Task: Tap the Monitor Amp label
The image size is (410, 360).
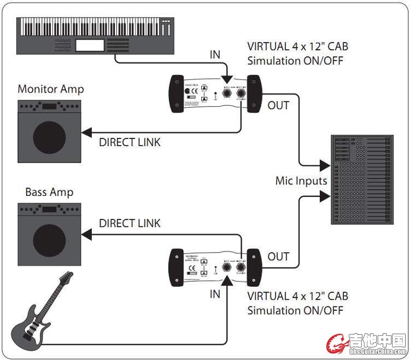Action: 51,89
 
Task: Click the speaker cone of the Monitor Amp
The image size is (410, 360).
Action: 50,135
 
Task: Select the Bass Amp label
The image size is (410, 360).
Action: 49,192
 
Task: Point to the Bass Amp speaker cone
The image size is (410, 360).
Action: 50,239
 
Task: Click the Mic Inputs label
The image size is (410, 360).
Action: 301,180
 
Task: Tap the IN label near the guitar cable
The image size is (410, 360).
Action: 215,294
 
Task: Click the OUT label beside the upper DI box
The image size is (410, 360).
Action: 278,105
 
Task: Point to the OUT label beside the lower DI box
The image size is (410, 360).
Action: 278,256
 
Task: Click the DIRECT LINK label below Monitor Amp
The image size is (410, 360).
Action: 130,143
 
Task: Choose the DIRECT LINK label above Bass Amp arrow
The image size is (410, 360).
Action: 130,223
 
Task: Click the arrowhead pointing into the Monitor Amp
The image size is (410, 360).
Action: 85,131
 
